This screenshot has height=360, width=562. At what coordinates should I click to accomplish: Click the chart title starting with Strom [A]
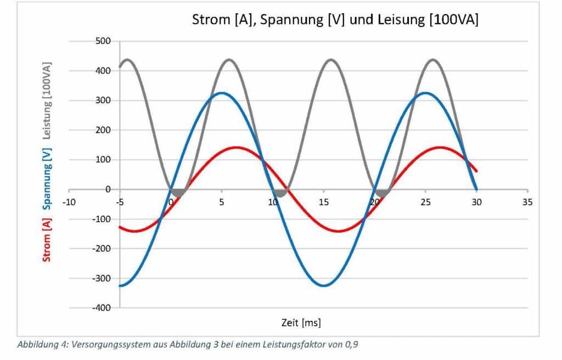point(335,20)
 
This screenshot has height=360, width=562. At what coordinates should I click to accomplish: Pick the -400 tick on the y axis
point(102,308)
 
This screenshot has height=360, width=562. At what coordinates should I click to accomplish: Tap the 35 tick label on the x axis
point(527,201)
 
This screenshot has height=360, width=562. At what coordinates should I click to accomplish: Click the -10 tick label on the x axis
point(69,201)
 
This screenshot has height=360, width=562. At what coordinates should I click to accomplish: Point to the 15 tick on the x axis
point(324,201)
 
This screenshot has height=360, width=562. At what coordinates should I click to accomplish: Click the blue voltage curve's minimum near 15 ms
point(324,285)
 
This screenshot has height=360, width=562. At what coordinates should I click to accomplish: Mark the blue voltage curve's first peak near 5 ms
point(222,93)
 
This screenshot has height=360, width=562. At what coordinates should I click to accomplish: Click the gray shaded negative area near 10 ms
point(280,193)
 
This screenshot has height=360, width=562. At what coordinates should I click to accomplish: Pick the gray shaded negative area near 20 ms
point(382,193)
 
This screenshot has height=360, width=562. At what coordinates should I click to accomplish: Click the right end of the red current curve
point(475,171)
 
